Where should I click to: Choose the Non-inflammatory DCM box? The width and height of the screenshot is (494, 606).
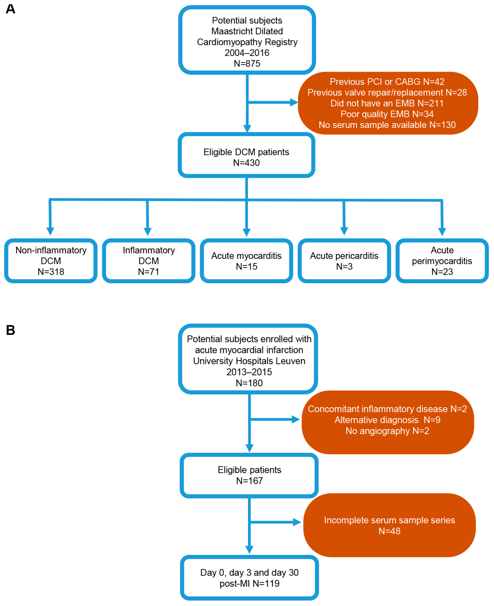[x=51, y=261]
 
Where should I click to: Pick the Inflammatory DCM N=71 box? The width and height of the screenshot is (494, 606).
[x=149, y=261]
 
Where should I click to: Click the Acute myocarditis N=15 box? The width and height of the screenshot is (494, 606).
[x=246, y=261]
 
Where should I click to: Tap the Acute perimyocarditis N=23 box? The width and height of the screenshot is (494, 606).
[x=442, y=261]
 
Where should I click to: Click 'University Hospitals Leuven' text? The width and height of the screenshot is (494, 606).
[x=249, y=361]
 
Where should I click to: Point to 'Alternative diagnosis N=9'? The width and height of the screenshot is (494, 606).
[x=387, y=420]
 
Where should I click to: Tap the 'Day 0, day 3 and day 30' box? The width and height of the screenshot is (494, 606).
[x=249, y=578]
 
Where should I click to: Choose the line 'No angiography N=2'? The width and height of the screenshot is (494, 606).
[x=387, y=431]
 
